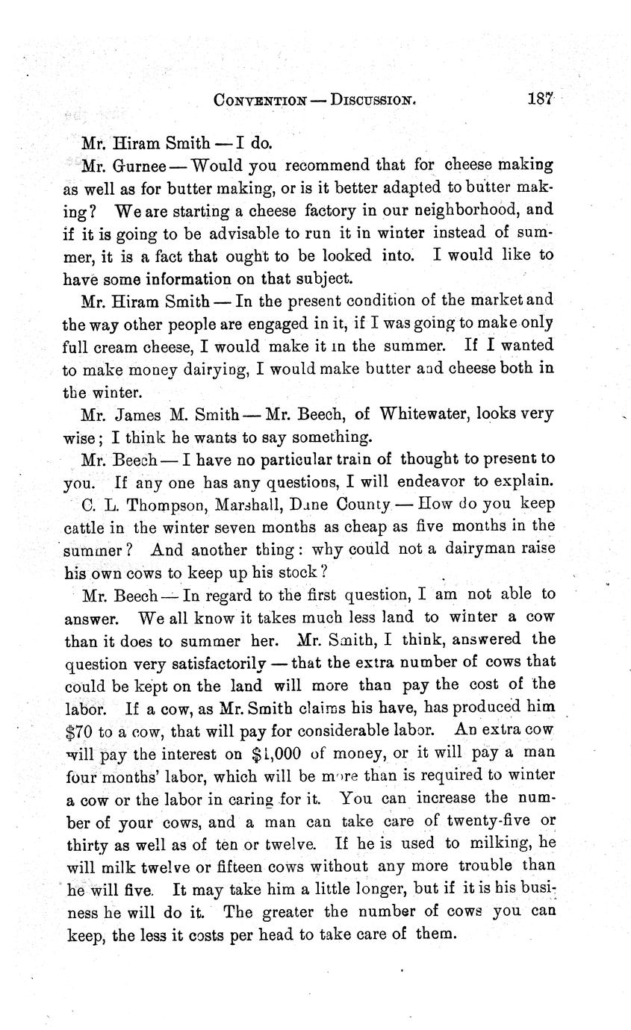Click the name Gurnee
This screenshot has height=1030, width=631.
139,164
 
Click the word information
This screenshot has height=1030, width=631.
186,278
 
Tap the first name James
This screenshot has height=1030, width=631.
143,412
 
